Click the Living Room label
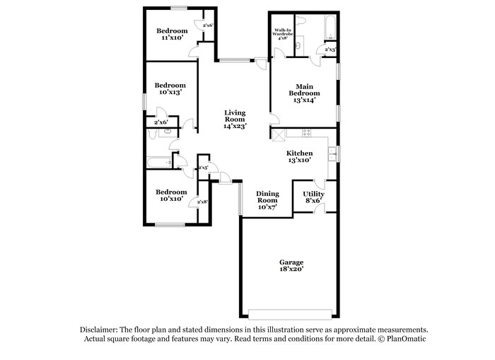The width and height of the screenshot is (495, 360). click(235, 119)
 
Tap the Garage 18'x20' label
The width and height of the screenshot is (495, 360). click(291, 266)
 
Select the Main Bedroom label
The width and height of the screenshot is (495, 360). click(304, 93)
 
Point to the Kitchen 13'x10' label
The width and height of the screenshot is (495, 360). click(299, 157)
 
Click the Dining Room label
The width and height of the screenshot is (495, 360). click(267, 200)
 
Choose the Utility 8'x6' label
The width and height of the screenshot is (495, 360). click(313, 197)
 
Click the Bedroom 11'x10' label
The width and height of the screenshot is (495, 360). click(172, 34)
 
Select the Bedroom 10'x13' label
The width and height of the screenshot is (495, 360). click(170, 89)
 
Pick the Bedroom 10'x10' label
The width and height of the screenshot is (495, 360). click(171, 195)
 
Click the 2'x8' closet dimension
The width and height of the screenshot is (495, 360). click(202, 202)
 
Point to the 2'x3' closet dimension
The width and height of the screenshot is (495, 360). click(330, 50)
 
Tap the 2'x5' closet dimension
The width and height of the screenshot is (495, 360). click(202, 168)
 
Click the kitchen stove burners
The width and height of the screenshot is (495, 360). click(305, 132)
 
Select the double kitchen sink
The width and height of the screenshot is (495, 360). click(331, 153)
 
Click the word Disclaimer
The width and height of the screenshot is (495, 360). click(96, 330)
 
